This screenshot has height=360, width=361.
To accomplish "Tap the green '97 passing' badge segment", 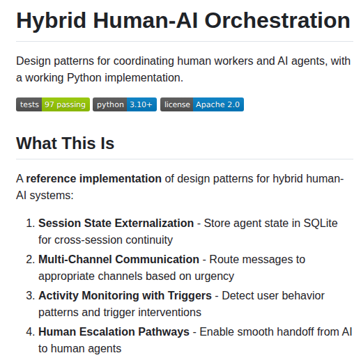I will (65, 104).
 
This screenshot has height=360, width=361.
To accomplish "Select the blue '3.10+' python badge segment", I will (142, 104).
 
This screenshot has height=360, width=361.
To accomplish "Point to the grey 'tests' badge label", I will (29, 104).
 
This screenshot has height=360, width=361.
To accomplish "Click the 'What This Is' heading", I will (65, 143).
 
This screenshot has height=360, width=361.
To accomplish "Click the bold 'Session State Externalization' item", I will (116, 223).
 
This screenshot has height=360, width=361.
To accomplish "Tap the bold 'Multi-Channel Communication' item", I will (118, 259).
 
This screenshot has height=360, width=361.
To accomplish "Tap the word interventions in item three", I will (170, 312).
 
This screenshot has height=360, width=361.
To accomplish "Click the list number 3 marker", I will (30, 295).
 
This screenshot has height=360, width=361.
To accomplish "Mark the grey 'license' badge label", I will (177, 104).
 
